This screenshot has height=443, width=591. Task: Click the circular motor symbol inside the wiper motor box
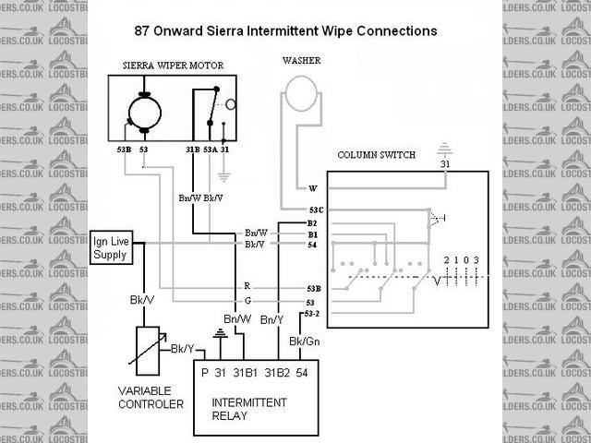[x=142, y=114]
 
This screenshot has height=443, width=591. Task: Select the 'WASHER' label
[x=301, y=61]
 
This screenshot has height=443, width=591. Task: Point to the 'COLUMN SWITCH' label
[x=376, y=154]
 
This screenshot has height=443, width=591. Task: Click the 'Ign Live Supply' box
[x=111, y=247]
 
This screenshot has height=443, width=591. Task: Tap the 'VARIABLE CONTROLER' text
[x=151, y=397]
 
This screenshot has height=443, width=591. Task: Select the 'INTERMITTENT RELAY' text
[x=249, y=410]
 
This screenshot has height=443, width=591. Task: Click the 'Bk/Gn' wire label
[x=305, y=341]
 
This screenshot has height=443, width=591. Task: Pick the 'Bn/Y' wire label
[x=272, y=319]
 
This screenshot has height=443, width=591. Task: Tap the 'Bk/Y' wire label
[x=182, y=349]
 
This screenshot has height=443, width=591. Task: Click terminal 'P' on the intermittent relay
[x=205, y=372]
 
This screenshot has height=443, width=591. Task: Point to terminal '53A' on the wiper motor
[x=210, y=148]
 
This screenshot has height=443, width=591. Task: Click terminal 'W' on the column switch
[x=313, y=188]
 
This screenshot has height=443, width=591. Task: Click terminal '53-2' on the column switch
[x=314, y=314]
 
